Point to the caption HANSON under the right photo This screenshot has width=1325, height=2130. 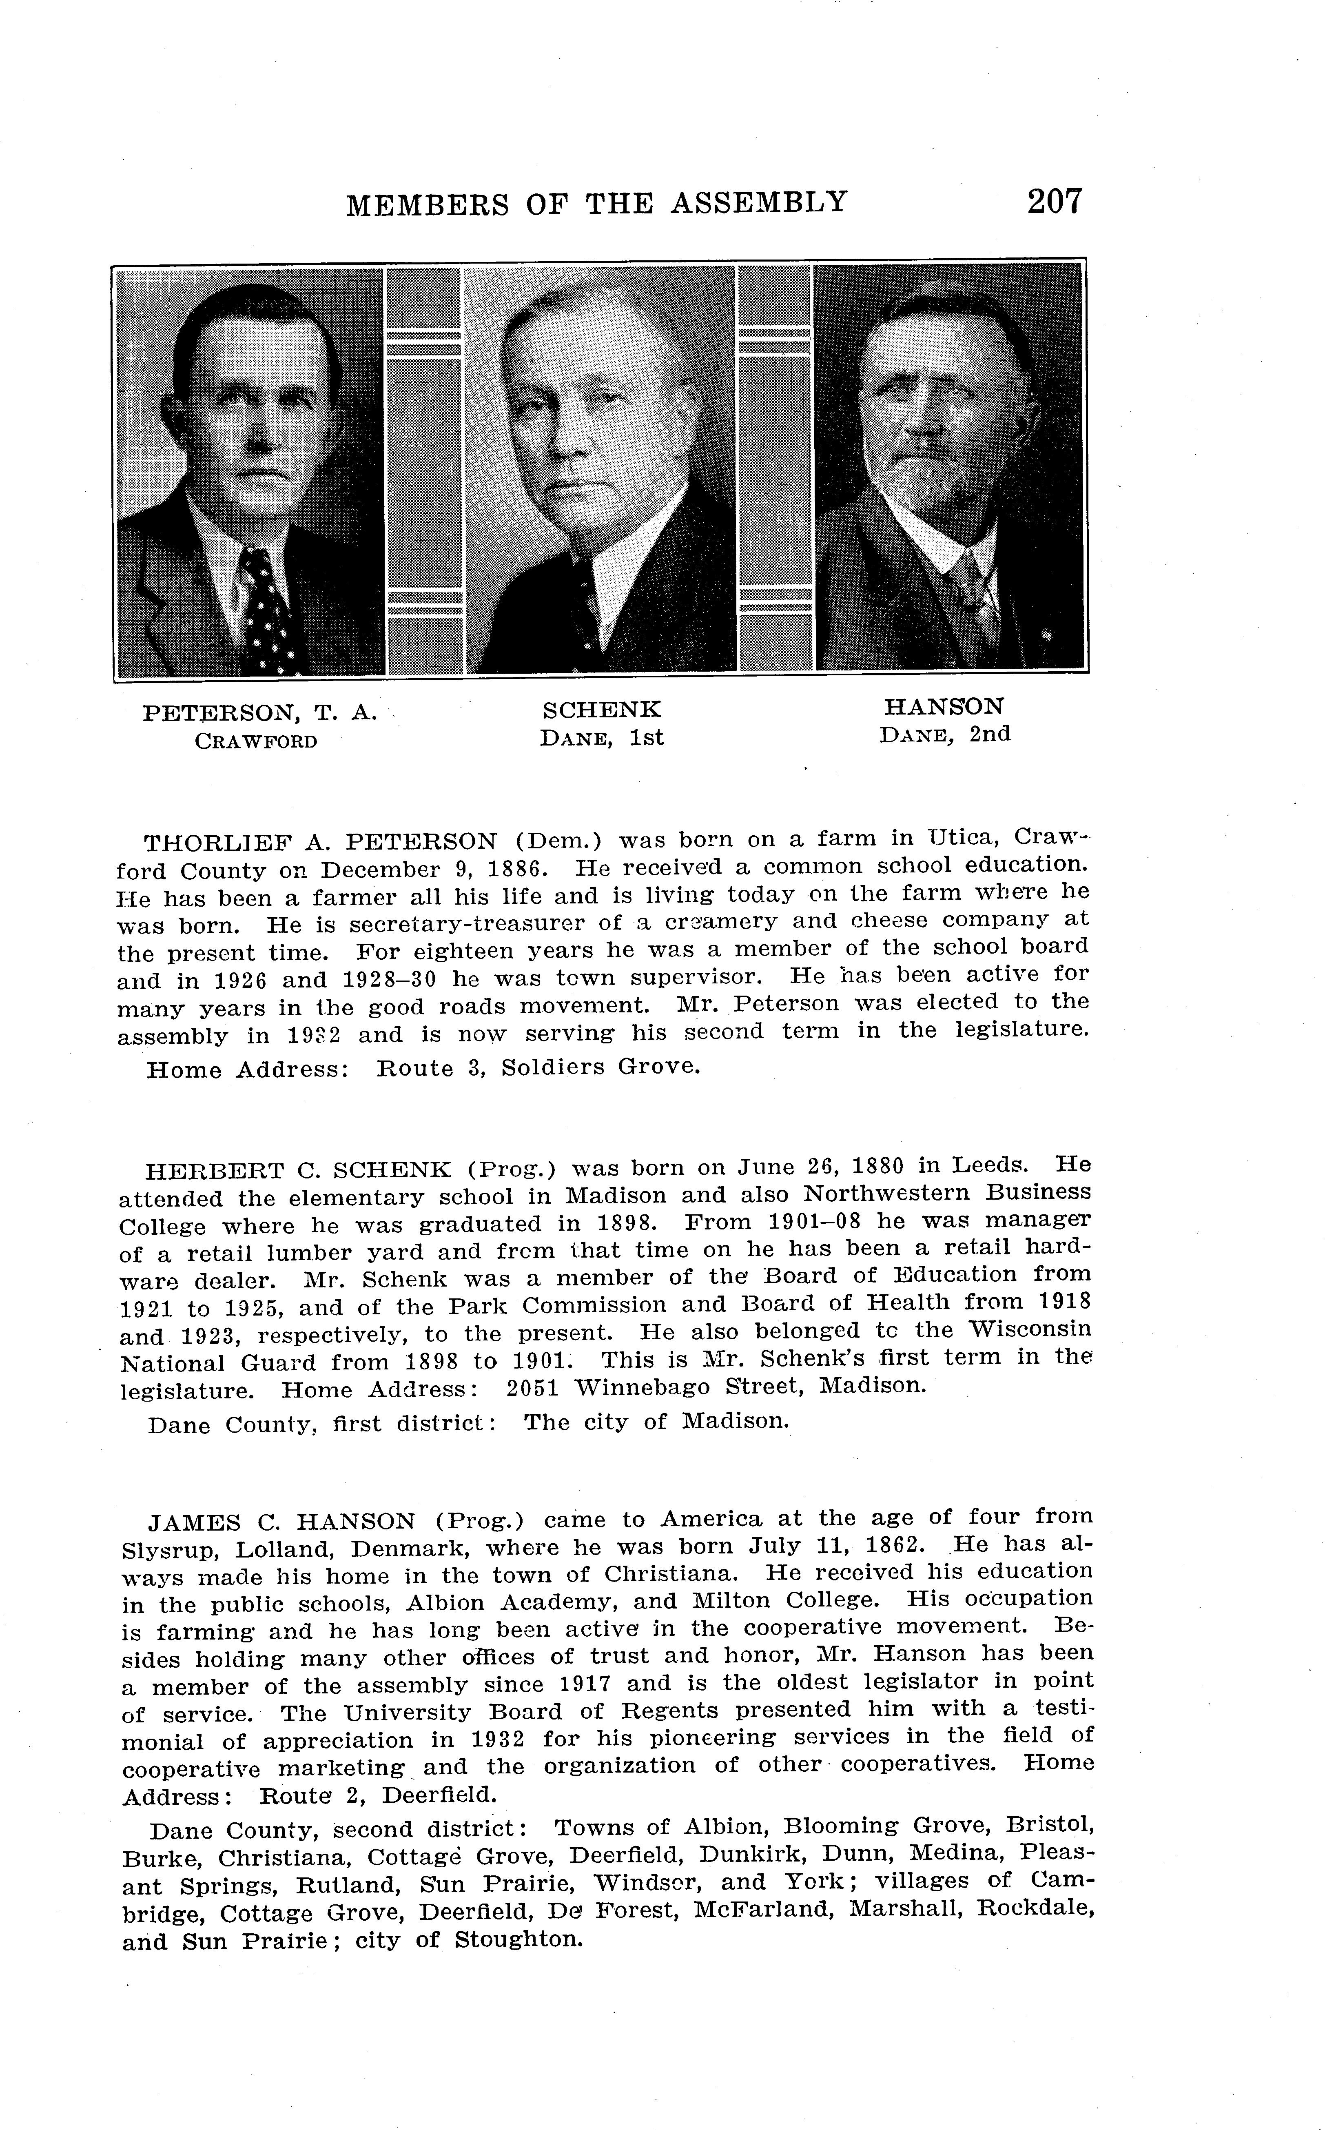[944, 706]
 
